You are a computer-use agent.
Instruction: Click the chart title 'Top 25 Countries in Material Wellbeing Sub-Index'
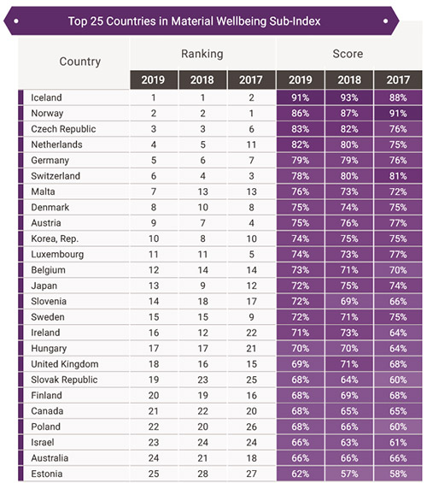coord(194,21)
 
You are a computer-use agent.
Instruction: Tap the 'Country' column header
coord(80,62)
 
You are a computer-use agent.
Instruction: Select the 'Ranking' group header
coord(202,54)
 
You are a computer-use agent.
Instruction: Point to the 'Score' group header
coord(348,54)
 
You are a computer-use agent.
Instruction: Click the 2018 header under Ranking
coord(202,80)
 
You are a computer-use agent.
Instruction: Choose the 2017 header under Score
coord(398,80)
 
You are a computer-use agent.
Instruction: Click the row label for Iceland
coord(46,97)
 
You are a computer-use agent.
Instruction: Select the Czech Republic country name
coord(63,129)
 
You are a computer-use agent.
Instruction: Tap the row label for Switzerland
coord(56,176)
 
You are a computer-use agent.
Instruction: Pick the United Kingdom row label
coord(65,364)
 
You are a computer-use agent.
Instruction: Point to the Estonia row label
coord(47,474)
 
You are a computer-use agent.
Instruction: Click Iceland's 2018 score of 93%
coord(349,97)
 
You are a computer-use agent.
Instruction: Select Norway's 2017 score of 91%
coord(398,114)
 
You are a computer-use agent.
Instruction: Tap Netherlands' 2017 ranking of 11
coord(251,144)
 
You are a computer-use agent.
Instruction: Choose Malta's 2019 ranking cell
coord(154,191)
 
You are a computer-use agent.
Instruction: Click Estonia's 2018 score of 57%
coord(349,474)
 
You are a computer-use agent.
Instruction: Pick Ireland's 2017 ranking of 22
coord(251,333)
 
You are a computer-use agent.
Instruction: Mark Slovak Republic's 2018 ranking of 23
coord(202,380)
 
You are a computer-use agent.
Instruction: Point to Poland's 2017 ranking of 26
coord(251,427)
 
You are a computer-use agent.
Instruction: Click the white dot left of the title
coord(16,21)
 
